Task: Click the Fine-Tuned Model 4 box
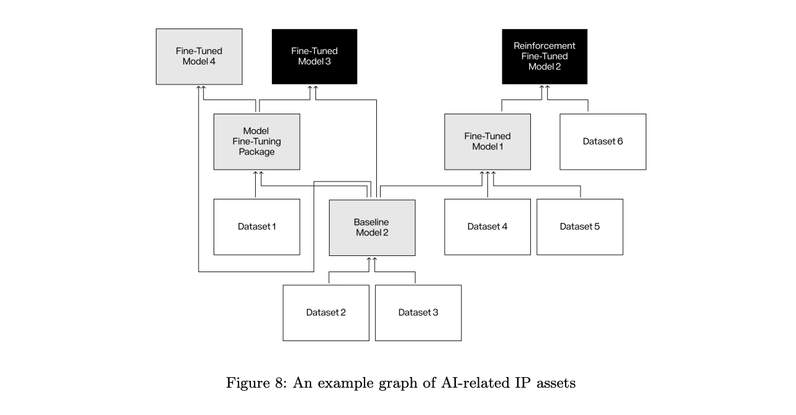coord(199,57)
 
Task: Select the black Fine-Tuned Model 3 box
coord(314,57)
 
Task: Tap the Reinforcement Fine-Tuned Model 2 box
coord(545,57)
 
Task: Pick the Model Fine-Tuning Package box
coord(256,142)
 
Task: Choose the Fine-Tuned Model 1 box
coord(487,142)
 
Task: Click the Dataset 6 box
coord(602,142)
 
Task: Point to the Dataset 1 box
coord(256,227)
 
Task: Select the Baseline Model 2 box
coord(372,227)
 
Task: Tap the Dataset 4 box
coord(487,227)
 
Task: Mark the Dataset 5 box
coord(579,227)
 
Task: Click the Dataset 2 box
coord(326,312)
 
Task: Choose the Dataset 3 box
coord(418,312)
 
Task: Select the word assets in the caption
coord(554,383)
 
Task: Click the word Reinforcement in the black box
coord(545,46)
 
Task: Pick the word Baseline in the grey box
coord(371,222)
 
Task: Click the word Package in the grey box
coord(256,152)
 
